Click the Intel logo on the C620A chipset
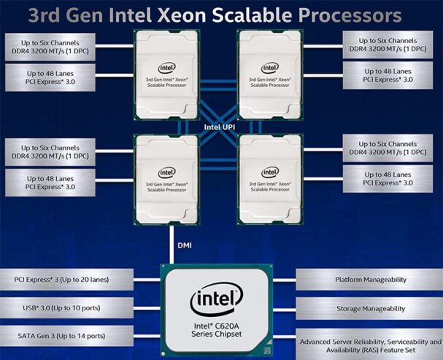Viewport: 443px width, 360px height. click(x=214, y=299)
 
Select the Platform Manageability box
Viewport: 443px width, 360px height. click(x=369, y=279)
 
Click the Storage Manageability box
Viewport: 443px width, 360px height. click(x=369, y=309)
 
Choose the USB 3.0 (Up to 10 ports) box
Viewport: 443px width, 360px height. click(x=66, y=309)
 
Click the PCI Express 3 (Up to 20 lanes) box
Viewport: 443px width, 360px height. click(x=66, y=279)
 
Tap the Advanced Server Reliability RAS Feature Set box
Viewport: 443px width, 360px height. click(x=369, y=342)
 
